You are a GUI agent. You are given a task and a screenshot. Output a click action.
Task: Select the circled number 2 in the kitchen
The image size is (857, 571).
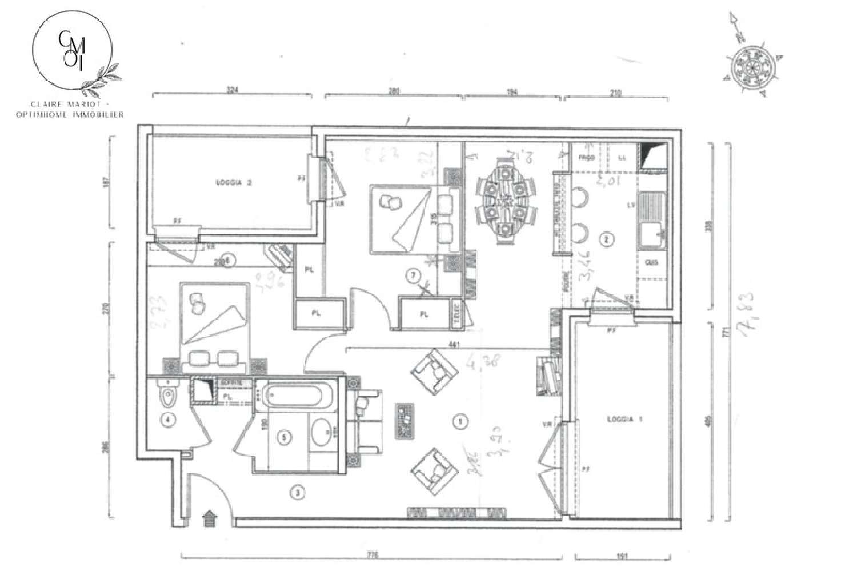(x=607, y=241)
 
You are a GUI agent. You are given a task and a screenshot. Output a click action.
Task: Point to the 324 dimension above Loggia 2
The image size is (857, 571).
(x=231, y=90)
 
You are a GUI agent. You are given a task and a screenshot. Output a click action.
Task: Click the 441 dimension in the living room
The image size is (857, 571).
(x=454, y=345)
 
